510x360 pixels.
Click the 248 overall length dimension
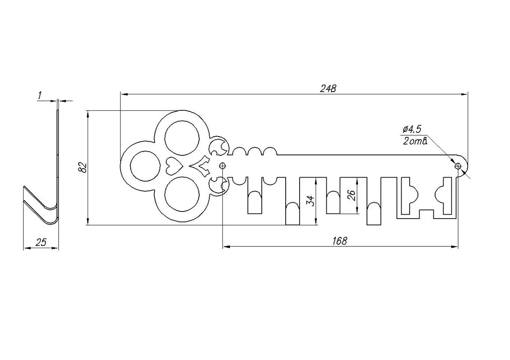[328, 88]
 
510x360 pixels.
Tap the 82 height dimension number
[82, 168]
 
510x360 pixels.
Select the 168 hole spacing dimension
[340, 241]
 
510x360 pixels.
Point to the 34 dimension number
[310, 201]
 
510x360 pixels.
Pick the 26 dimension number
[352, 195]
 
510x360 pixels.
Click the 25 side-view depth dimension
[41, 243]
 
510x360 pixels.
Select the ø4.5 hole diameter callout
[412, 129]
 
